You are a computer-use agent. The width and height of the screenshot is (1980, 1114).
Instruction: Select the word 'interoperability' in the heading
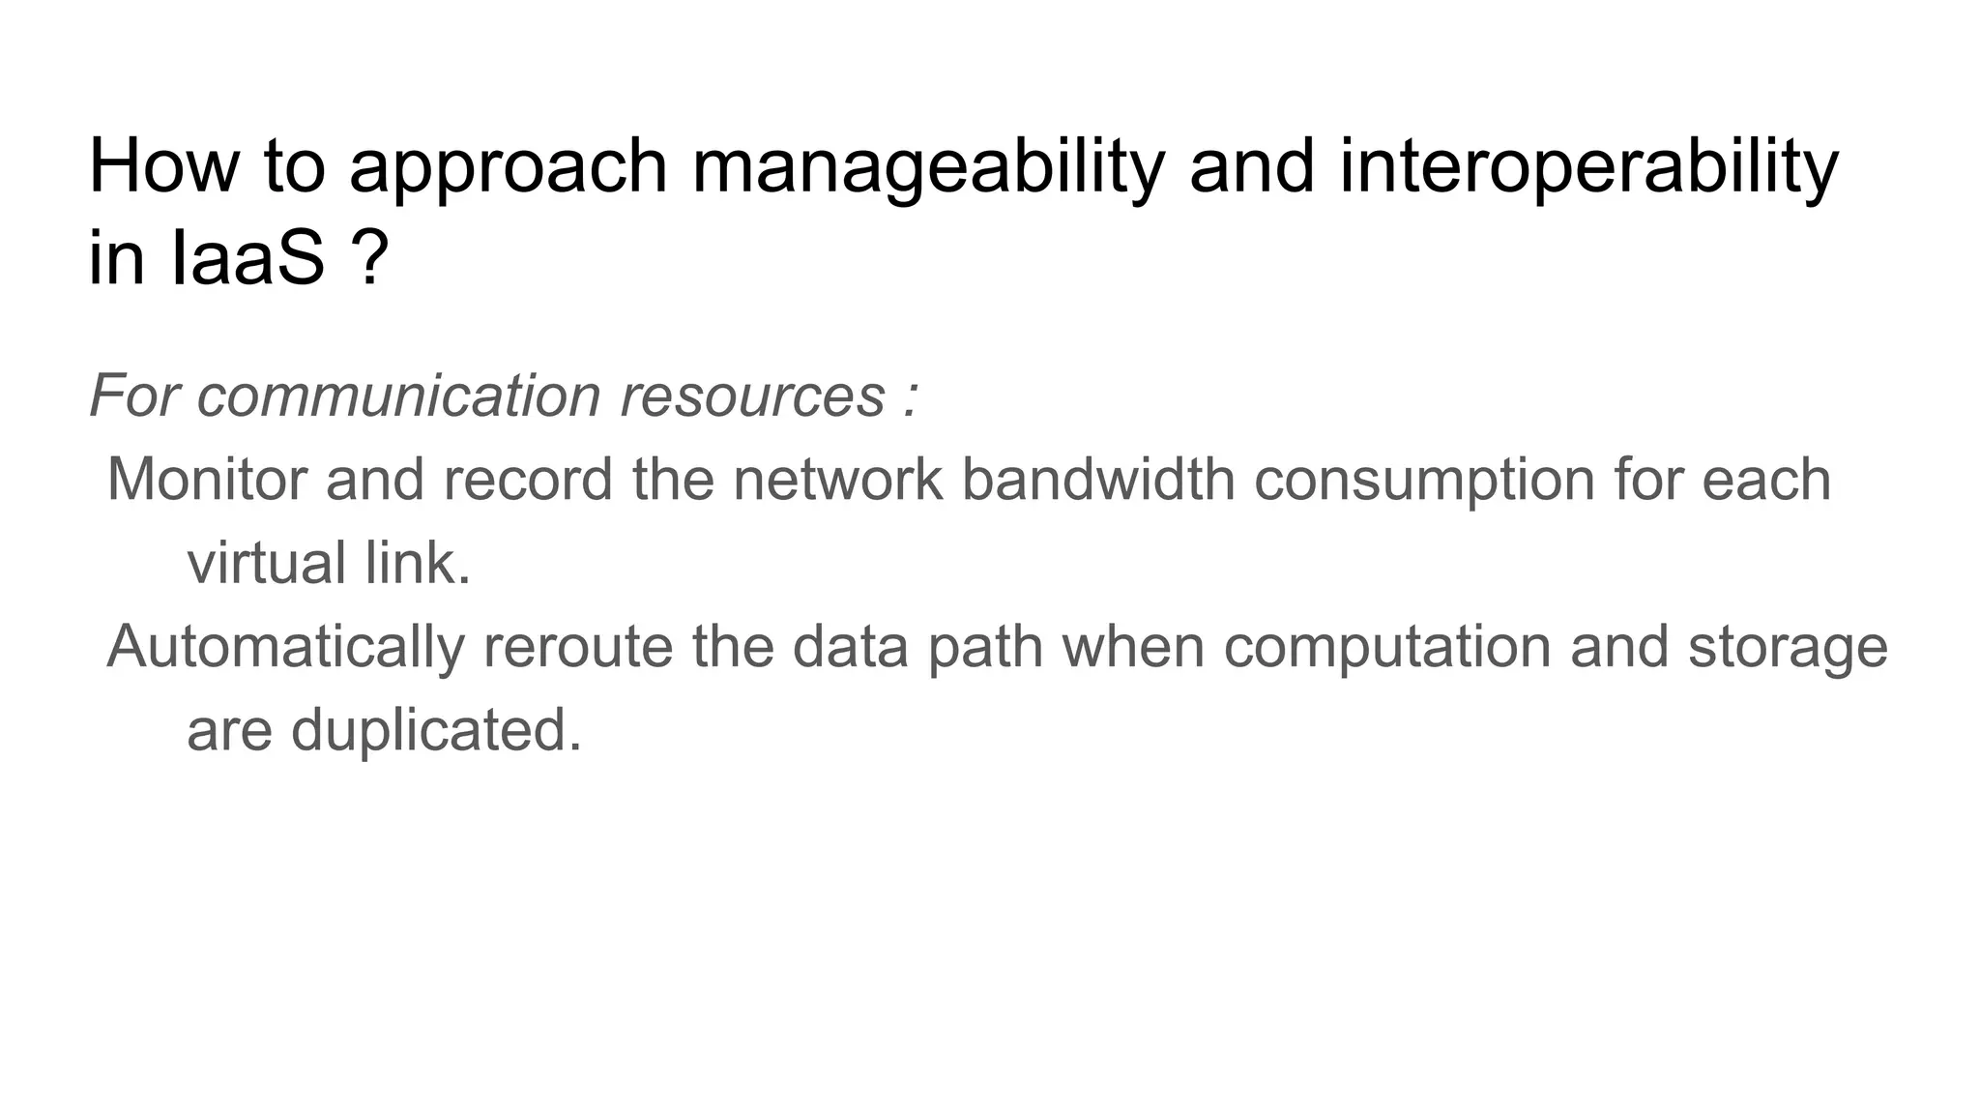click(x=1588, y=167)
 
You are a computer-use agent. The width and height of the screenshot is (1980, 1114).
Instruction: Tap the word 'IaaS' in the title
click(x=248, y=258)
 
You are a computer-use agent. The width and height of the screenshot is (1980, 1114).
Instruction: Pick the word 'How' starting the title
click(x=162, y=167)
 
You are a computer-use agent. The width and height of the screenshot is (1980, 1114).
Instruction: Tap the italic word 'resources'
click(x=752, y=396)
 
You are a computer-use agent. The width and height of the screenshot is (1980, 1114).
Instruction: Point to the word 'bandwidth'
click(x=1098, y=479)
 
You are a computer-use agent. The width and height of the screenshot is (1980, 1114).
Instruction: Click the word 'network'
click(x=838, y=479)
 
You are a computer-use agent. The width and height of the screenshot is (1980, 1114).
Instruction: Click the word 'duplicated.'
click(x=436, y=729)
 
